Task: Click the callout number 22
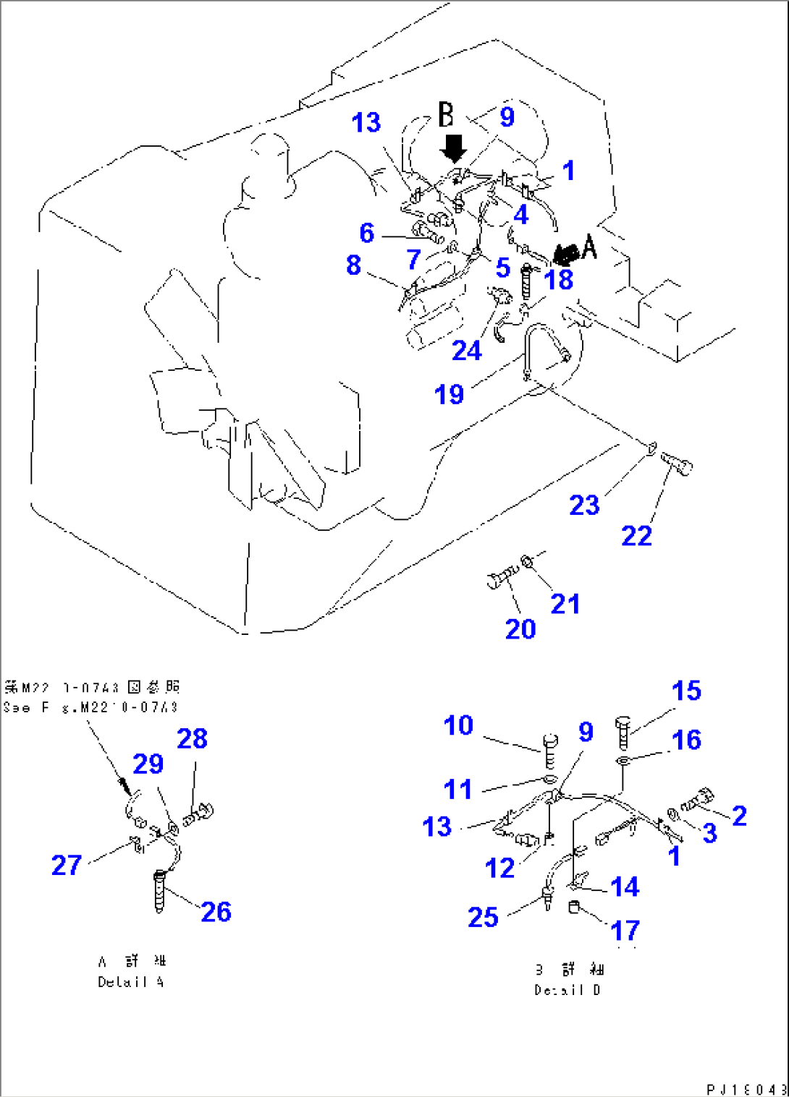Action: [636, 536]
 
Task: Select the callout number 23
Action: [584, 505]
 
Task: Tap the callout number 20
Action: [520, 629]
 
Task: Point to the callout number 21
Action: [565, 604]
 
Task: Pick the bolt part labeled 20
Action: [501, 578]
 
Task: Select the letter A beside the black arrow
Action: [590, 248]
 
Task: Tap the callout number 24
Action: [467, 351]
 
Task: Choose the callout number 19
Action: [449, 394]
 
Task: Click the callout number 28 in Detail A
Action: [193, 738]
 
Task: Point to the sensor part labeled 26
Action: [160, 893]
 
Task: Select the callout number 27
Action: [67, 865]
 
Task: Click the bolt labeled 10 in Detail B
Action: [549, 751]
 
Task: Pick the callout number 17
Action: [625, 930]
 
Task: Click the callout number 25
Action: [483, 917]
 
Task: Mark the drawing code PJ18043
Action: [746, 1089]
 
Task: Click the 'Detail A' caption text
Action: [131, 982]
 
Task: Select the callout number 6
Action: [367, 233]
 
